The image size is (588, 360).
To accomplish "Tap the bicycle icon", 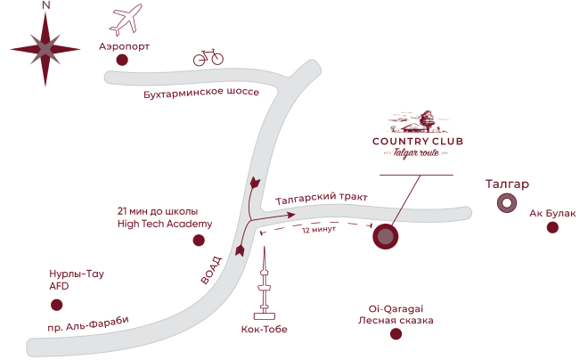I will click(208, 58).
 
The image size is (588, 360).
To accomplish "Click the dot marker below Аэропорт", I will click(122, 60).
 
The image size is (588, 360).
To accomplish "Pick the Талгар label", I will click(508, 184).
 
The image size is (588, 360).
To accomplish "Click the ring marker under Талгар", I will click(507, 204).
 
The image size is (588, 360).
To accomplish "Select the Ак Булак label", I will click(552, 213).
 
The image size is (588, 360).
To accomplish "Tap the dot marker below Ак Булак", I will click(552, 228).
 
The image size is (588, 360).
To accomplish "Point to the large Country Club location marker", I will click(385, 237).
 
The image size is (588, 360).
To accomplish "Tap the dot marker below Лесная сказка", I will click(396, 335).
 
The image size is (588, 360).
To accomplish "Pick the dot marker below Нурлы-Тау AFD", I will click(58, 305).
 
